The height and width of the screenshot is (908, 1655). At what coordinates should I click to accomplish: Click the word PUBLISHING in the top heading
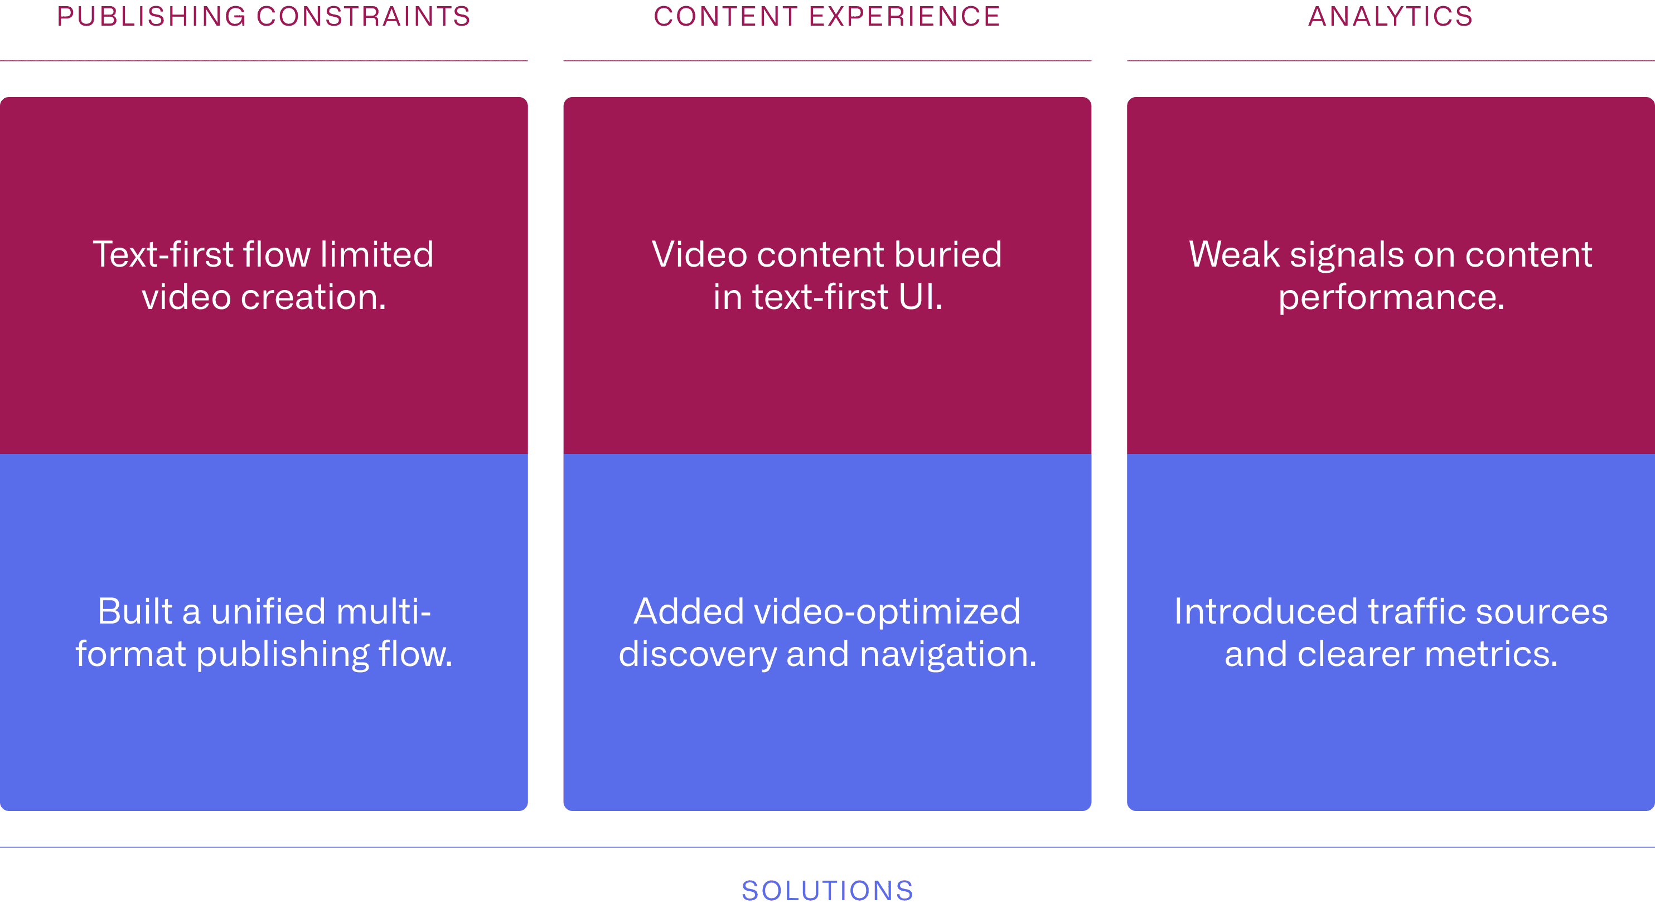tap(152, 17)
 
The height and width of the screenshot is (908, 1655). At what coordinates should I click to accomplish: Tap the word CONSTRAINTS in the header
tap(363, 17)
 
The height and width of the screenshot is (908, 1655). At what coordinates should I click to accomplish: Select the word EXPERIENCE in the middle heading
tap(904, 17)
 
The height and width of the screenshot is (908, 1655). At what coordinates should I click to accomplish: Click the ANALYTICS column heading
tap(1390, 17)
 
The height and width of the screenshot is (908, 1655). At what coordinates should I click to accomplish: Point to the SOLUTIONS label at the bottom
tap(828, 891)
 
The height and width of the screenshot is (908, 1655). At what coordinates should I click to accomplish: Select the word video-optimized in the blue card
tap(887, 611)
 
